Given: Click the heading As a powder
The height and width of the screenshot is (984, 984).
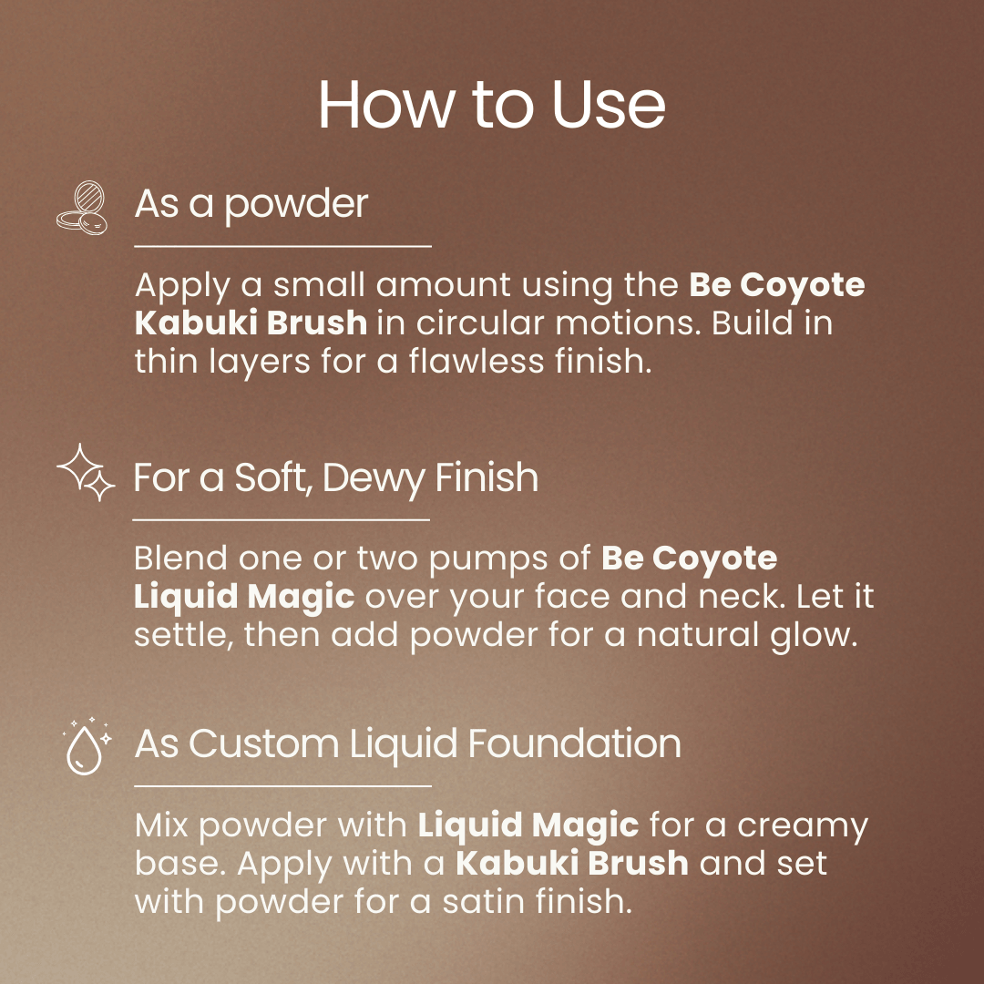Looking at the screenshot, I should tap(251, 204).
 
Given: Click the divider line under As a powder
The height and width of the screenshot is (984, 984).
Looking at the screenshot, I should tap(282, 246).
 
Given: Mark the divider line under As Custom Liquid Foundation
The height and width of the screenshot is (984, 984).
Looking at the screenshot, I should tap(282, 784).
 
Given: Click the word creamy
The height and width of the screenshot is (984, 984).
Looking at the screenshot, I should tap(803, 825).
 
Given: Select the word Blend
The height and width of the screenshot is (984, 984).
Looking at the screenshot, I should tap(179, 558).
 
